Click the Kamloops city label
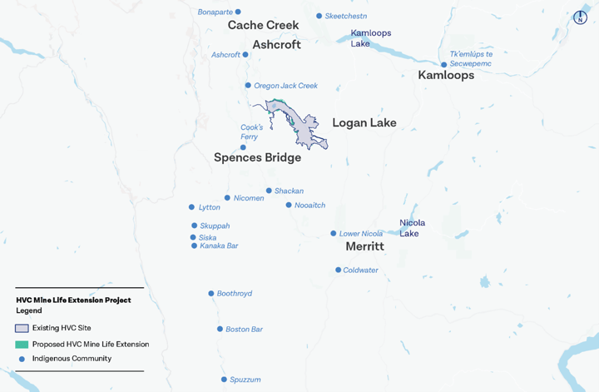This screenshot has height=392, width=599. pyautogui.click(x=446, y=75)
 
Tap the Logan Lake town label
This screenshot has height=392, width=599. pyautogui.click(x=364, y=123)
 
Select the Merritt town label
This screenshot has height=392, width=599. pyautogui.click(x=364, y=247)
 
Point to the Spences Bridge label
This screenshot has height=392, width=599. pyautogui.click(x=257, y=157)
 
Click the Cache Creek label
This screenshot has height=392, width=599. pyautogui.click(x=263, y=26)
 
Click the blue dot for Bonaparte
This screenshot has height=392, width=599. pyautogui.click(x=238, y=12)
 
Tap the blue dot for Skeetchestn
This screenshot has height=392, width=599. pyautogui.click(x=319, y=16)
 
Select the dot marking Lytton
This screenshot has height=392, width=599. pyautogui.click(x=192, y=207)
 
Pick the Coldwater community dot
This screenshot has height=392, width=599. pyautogui.click(x=338, y=270)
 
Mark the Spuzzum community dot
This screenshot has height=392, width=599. pyautogui.click(x=224, y=380)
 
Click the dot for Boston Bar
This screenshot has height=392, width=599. pyautogui.click(x=220, y=329)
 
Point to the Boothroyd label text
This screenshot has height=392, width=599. pyautogui.click(x=235, y=294)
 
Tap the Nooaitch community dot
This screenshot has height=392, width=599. pyautogui.click(x=289, y=205)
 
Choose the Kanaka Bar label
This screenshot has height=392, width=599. pyautogui.click(x=219, y=246)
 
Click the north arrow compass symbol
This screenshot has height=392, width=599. pyautogui.click(x=582, y=17)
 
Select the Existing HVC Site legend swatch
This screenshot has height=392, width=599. pyautogui.click(x=22, y=328)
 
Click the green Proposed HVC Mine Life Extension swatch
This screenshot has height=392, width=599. pyautogui.click(x=22, y=344)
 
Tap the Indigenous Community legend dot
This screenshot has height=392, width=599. pyautogui.click(x=22, y=359)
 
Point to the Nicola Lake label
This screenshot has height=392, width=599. pyautogui.click(x=412, y=228)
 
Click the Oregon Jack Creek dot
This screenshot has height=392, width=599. pyautogui.click(x=248, y=85)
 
